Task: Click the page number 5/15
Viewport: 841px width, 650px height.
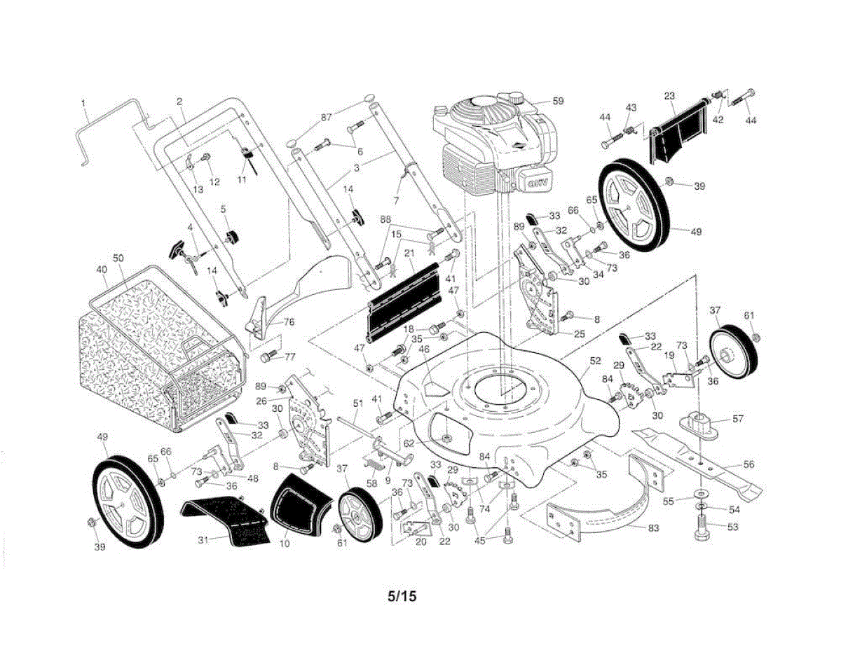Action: coord(402,597)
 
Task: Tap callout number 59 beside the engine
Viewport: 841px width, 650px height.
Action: coord(557,101)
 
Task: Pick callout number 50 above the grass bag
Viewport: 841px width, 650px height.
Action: coord(118,258)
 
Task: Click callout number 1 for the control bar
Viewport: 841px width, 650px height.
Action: coord(84,103)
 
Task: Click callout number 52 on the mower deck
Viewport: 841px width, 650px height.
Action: coord(596,362)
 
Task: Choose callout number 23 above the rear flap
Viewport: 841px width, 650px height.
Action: coord(669,95)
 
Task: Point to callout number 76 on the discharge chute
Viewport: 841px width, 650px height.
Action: coord(289,323)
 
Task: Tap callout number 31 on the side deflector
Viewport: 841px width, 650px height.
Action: coord(203,539)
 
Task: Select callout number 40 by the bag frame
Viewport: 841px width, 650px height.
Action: coord(102,269)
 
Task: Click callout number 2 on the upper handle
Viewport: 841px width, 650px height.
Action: coord(179,102)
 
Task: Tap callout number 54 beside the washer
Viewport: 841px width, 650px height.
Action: coord(734,509)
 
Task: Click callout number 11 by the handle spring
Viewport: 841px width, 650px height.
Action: coord(242,180)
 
